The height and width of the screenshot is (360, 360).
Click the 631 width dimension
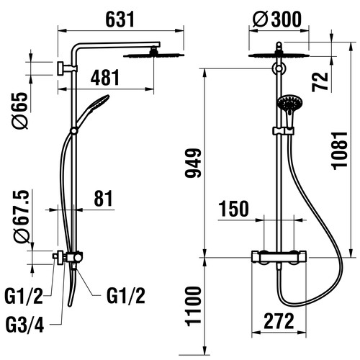(120, 19)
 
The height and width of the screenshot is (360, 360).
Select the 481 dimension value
(105, 78)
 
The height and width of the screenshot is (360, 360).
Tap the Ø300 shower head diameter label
(277, 19)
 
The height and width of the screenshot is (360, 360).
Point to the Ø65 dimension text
(20, 111)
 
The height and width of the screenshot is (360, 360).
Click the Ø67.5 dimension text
(22, 217)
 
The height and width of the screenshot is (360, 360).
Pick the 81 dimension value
(103, 199)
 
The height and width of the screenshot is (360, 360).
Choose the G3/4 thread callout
(24, 325)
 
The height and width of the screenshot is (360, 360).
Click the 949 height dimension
(193, 163)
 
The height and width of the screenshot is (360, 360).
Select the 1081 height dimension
(339, 150)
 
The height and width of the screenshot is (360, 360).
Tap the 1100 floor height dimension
(193, 307)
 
